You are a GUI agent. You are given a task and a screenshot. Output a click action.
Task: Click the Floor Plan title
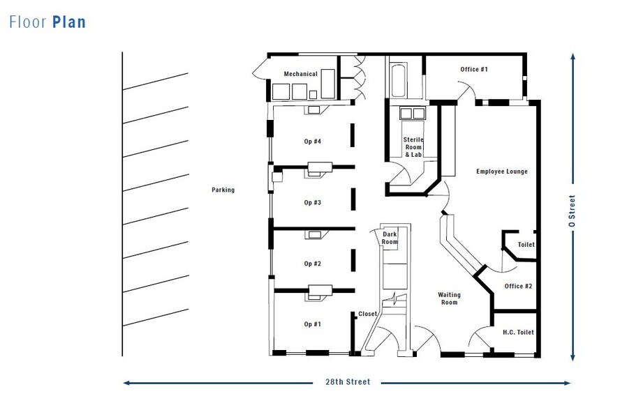click(x=47, y=22)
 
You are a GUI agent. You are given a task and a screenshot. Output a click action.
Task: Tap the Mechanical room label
click(x=300, y=74)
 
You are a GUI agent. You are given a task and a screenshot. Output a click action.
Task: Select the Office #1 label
click(x=474, y=69)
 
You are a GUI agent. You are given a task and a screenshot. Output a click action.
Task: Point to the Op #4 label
click(x=312, y=142)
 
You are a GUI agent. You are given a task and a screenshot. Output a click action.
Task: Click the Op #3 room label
click(x=312, y=202)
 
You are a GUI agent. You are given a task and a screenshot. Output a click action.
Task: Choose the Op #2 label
click(x=312, y=264)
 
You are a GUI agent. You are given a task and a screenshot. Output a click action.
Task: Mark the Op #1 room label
click(x=312, y=324)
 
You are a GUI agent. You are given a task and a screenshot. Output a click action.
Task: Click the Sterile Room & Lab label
click(x=413, y=146)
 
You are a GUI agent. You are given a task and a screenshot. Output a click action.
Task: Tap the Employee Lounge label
click(x=501, y=172)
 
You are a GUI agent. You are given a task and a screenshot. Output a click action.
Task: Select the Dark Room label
click(x=390, y=238)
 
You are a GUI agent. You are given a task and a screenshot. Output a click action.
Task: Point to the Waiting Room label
click(x=448, y=298)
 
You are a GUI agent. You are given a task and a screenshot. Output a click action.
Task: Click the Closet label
click(x=367, y=314)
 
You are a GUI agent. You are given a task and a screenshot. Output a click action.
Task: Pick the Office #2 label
click(x=518, y=287)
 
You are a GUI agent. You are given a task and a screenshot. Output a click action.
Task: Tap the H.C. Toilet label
click(x=518, y=333)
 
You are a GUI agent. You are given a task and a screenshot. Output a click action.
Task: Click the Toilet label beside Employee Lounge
click(x=526, y=245)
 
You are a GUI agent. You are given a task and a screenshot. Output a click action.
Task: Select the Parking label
click(x=223, y=190)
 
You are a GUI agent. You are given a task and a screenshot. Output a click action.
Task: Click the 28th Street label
click(x=347, y=382)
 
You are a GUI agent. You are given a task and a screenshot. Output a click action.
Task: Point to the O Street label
click(x=573, y=211)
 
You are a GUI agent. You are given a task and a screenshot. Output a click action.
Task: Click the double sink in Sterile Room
click(x=412, y=114)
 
